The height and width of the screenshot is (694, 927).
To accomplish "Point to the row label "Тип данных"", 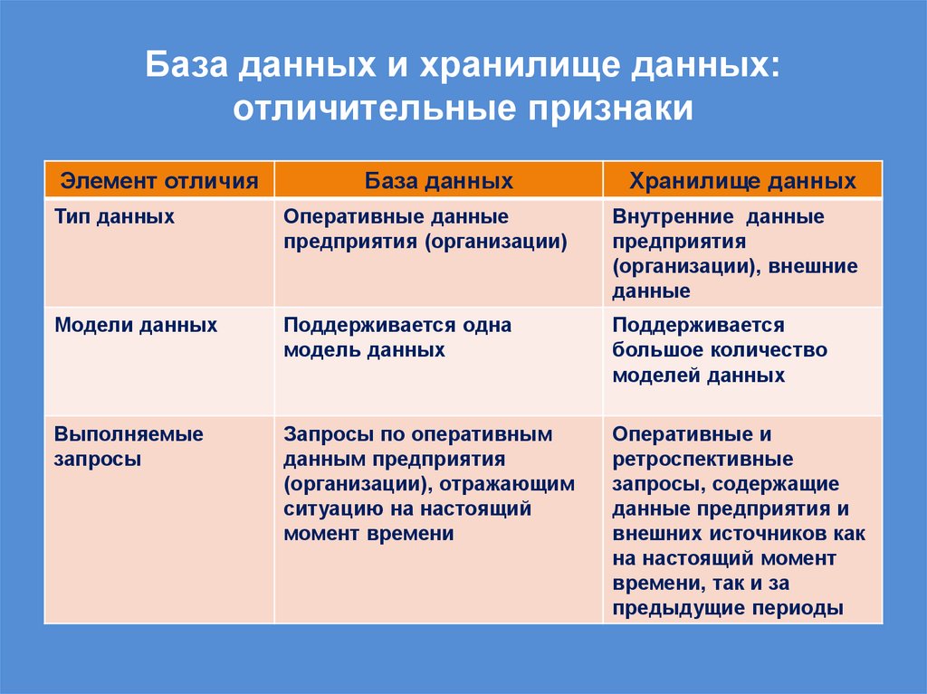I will [x=115, y=217].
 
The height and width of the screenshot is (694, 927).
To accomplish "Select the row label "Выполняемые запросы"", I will [x=129, y=446].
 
